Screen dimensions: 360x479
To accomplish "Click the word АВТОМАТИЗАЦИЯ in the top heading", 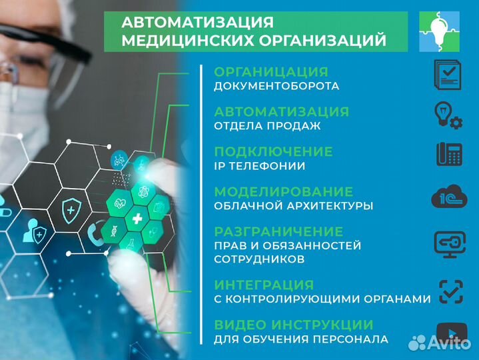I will click(x=197, y=22).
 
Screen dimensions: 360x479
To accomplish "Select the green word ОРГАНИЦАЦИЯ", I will click(x=270, y=72).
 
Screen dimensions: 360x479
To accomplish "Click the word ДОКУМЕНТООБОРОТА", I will click(x=276, y=86).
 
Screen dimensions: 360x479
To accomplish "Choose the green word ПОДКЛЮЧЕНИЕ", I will click(x=273, y=151).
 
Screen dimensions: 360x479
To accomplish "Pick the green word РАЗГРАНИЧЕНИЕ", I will click(x=278, y=231).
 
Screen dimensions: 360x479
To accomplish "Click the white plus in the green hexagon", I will click(x=137, y=219).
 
